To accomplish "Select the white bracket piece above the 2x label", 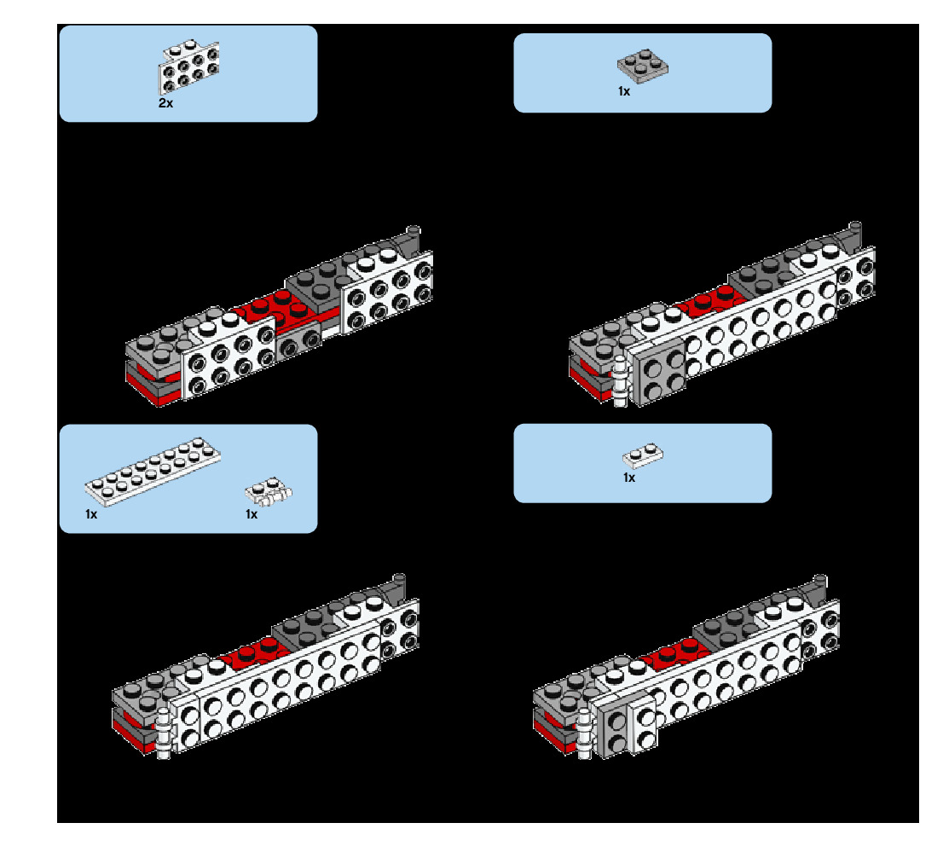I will tap(188, 67).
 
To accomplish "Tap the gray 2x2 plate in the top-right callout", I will tap(642, 64).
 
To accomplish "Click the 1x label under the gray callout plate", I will tap(624, 91).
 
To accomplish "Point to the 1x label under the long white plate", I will tap(91, 514).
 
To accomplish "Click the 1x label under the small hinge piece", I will tap(252, 514).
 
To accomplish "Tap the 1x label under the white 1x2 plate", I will tap(629, 478).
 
